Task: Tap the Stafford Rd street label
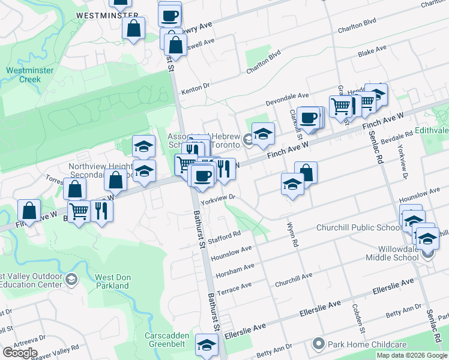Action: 226,238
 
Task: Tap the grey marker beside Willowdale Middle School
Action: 427,254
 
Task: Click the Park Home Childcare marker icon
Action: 318,344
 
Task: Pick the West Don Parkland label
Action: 112,281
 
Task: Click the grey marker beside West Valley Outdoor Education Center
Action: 71,279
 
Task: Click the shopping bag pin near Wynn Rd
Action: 306,172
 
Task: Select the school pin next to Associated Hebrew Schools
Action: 263,134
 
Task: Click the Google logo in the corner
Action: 20,353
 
